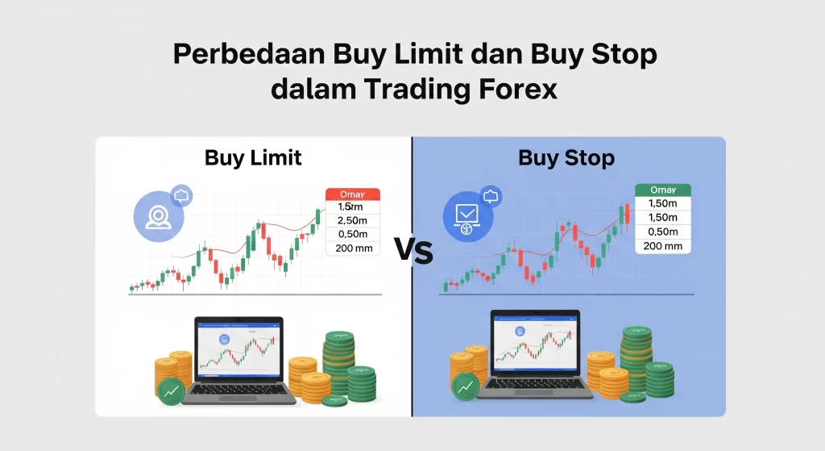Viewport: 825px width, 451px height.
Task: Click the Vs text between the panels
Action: click(x=413, y=252)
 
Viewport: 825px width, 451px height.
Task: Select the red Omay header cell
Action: click(x=352, y=194)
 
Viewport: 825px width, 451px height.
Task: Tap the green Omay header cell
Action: click(x=663, y=190)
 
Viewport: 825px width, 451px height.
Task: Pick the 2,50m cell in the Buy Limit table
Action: click(x=352, y=221)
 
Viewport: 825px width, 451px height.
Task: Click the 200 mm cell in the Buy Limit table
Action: click(x=352, y=248)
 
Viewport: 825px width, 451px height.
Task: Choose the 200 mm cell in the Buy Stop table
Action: click(x=663, y=245)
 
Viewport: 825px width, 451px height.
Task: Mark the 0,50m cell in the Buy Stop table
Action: click(x=663, y=232)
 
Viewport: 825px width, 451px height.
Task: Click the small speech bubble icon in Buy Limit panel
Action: click(x=181, y=194)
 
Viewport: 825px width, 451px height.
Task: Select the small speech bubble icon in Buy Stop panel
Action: click(x=491, y=195)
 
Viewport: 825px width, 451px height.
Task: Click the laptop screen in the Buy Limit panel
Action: click(x=239, y=349)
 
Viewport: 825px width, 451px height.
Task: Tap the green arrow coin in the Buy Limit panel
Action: click(x=171, y=390)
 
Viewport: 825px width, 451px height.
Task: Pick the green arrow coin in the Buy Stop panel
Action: click(x=466, y=387)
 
